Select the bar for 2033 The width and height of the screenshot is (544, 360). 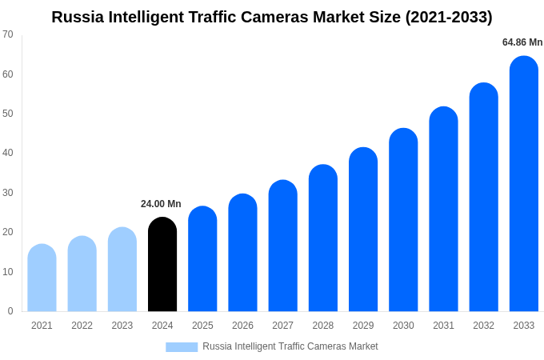[524, 184]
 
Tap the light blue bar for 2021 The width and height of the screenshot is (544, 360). [42, 278]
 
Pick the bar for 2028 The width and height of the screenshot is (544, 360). [323, 238]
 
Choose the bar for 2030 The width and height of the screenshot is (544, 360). [403, 220]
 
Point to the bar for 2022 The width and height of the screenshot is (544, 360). [82, 274]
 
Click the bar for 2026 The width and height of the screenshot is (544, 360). [242, 253]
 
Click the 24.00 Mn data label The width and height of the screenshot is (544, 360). [161, 204]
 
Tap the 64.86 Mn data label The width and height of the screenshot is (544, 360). [522, 42]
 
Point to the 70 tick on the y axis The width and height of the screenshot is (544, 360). [8, 34]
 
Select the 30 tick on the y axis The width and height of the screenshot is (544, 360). [8, 193]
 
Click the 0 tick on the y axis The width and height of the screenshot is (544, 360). [10, 311]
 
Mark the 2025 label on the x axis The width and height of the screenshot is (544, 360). [202, 326]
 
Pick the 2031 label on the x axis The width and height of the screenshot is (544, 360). [443, 326]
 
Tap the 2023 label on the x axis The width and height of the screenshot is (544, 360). [122, 326]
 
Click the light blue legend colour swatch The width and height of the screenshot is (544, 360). [182, 347]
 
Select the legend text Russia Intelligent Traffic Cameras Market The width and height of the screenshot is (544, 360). [290, 346]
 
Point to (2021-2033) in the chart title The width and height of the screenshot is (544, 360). [449, 17]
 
